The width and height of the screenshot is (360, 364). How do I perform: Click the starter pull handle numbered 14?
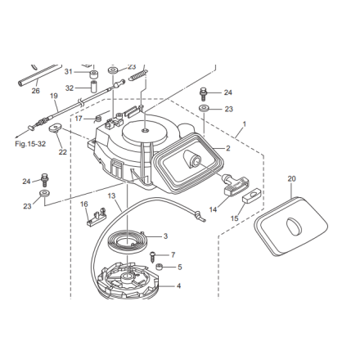[x=236, y=185]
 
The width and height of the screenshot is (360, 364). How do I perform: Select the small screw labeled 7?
[x=153, y=257]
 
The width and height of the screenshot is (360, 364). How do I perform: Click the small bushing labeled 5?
[x=159, y=267]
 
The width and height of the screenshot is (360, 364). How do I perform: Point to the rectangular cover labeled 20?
[x=290, y=226]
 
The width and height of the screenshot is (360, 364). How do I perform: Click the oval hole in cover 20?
[x=293, y=227]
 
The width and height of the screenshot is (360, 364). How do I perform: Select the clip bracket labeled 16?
[x=97, y=217]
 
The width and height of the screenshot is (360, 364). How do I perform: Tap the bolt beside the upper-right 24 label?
[x=203, y=93]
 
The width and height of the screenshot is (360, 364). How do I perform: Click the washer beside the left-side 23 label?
[x=45, y=194]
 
